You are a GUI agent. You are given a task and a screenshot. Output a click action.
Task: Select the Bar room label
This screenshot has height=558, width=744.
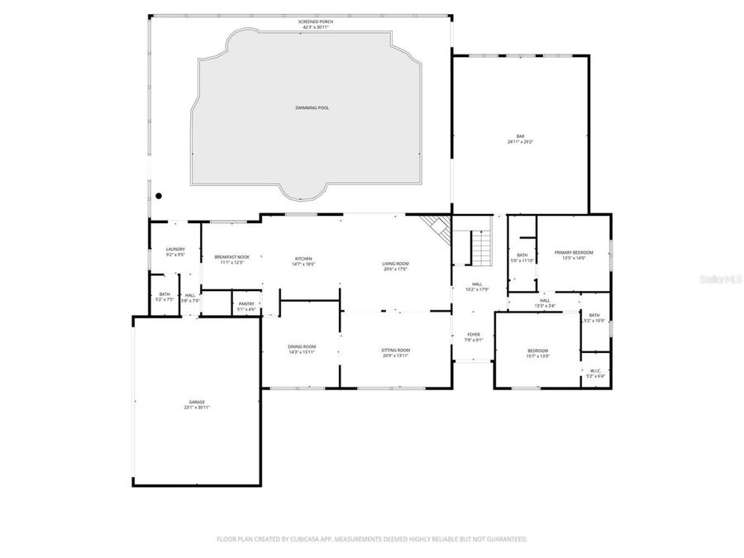pyautogui.click(x=521, y=139)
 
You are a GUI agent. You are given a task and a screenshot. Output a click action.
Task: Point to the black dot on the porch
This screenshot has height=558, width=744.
pyautogui.click(x=159, y=196)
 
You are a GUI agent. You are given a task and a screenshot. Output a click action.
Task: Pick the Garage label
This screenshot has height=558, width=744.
pyautogui.click(x=196, y=404)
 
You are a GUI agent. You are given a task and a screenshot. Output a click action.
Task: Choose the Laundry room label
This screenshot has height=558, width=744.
pyautogui.click(x=174, y=251)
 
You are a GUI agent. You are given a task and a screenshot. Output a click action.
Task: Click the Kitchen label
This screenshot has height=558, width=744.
pyautogui.click(x=303, y=261)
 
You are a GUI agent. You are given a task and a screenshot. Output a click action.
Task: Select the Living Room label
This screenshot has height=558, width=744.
pyautogui.click(x=395, y=265)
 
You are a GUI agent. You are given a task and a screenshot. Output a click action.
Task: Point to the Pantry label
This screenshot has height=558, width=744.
pyautogui.click(x=246, y=306)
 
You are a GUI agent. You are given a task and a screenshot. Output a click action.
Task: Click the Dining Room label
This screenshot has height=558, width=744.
pyautogui.click(x=302, y=349)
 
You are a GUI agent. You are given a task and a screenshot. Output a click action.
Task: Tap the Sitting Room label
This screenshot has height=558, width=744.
pyautogui.click(x=396, y=352)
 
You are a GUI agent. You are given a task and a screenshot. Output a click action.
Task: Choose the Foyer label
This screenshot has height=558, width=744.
pyautogui.click(x=474, y=336)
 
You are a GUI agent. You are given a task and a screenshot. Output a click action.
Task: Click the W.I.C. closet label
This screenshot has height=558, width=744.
pyautogui.click(x=595, y=374)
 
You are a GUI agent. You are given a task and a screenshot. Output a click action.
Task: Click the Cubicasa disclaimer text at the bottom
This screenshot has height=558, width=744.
pyautogui.click(x=371, y=539)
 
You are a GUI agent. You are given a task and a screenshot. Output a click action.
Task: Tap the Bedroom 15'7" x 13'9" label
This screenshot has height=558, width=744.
pyautogui.click(x=537, y=353)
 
